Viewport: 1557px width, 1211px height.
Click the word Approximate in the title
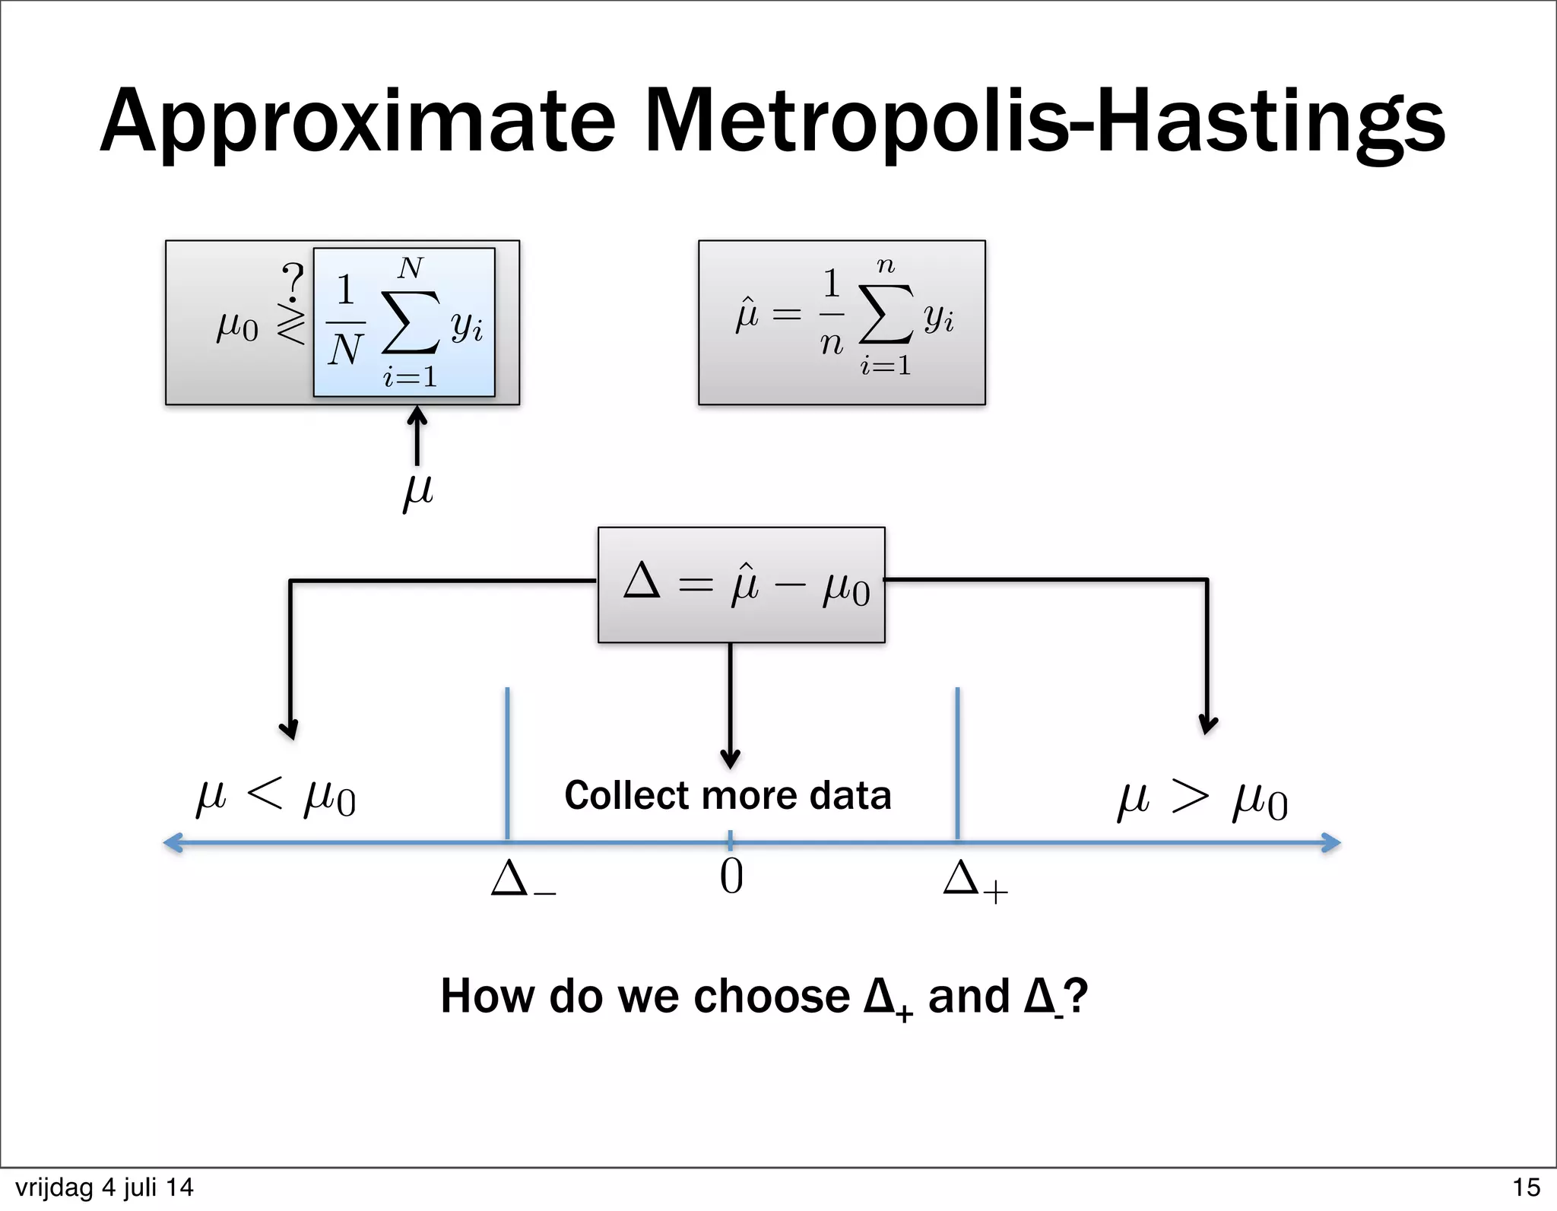click(x=357, y=122)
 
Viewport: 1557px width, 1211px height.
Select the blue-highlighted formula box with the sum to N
click(x=404, y=322)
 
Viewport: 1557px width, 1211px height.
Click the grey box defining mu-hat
click(x=842, y=322)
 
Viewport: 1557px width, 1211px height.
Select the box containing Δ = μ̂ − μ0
click(x=741, y=585)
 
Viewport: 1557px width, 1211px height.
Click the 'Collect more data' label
click(x=728, y=796)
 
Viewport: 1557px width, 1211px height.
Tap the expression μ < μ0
click(x=276, y=798)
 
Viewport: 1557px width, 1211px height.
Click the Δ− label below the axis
click(x=523, y=880)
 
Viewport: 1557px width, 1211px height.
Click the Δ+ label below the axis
click(x=975, y=881)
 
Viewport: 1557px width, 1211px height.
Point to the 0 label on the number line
click(x=731, y=877)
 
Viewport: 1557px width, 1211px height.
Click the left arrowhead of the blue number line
click(x=173, y=842)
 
